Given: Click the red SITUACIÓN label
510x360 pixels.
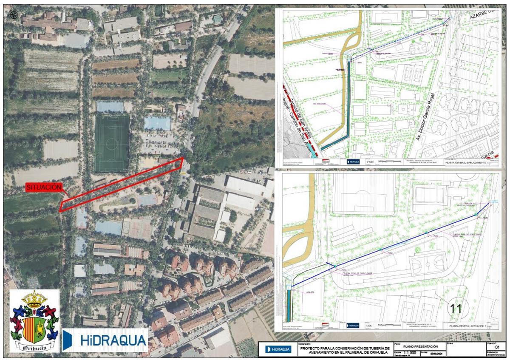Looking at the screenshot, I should [x=44, y=187].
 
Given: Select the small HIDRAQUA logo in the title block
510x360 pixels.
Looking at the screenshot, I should [x=279, y=349].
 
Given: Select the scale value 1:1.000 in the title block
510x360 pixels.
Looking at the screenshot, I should [x=410, y=352].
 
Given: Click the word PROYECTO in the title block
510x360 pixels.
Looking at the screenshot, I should [x=314, y=348].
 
